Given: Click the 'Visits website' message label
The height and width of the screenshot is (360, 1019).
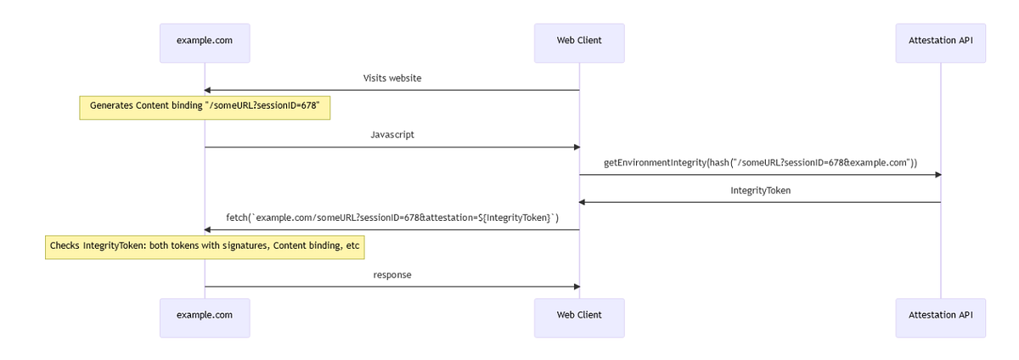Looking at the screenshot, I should click(x=392, y=78).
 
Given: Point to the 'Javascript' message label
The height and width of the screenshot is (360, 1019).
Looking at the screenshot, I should click(x=392, y=135).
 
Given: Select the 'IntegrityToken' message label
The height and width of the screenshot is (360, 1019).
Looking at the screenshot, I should click(x=760, y=190).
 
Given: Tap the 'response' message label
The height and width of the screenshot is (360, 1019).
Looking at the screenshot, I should click(x=392, y=275).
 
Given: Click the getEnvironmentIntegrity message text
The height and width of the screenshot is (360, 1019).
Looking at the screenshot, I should click(x=760, y=162).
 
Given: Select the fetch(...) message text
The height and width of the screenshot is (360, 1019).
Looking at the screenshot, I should click(x=392, y=218).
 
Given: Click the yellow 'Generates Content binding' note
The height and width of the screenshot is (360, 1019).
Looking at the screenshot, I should click(x=205, y=107).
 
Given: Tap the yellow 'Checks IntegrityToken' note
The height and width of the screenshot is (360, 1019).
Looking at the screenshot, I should click(x=205, y=246).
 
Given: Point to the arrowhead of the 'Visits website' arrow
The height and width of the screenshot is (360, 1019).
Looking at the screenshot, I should click(x=208, y=90).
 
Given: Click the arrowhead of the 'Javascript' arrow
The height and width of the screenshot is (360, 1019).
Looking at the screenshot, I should click(x=576, y=147).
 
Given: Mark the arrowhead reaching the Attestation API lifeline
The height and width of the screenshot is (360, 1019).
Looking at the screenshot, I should click(x=937, y=175).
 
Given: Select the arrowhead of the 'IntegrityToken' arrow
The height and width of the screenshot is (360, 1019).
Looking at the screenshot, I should click(x=583, y=202).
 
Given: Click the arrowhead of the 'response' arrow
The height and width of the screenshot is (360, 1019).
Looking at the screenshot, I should click(x=576, y=287).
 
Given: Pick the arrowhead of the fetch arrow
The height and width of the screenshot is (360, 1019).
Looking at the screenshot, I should click(x=208, y=230).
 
